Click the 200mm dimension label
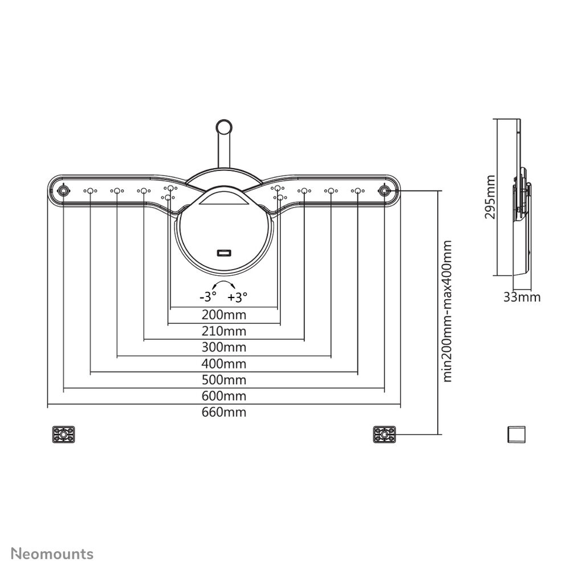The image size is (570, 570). point(224,315)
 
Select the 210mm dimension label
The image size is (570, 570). point(224,331)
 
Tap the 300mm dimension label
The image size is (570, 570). point(224,347)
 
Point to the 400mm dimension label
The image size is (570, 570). point(224,364)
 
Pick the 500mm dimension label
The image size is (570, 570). point(224,380)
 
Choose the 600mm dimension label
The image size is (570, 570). point(224,396)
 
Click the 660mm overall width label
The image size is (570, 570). point(224,412)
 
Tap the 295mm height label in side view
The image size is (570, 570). point(490,197)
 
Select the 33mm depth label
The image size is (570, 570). point(522,298)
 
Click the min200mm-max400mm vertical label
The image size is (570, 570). point(447,311)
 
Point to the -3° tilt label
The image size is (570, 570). point(208,297)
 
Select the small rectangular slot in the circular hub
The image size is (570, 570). point(224,253)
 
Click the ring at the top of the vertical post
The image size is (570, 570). point(224,127)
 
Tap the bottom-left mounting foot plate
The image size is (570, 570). point(64,434)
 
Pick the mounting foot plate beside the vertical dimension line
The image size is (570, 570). point(384,434)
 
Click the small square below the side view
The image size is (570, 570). point(516,434)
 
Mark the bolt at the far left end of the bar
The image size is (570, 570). point(64,190)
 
